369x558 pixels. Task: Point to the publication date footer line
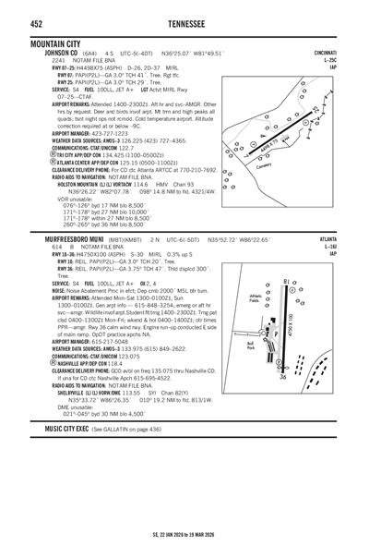(x=184, y=534)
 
